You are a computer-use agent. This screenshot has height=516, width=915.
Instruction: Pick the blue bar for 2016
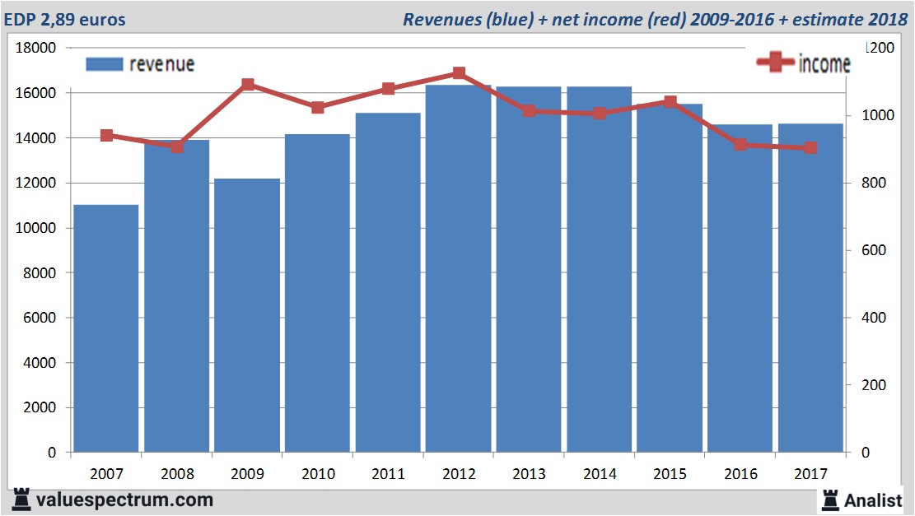(740, 288)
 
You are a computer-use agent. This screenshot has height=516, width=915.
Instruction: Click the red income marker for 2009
(247, 84)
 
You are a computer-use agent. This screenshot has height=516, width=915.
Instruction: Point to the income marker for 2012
(459, 73)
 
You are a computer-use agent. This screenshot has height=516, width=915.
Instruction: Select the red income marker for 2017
(810, 148)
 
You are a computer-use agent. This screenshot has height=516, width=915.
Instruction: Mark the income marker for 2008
(177, 146)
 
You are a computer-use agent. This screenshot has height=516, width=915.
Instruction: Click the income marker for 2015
(670, 102)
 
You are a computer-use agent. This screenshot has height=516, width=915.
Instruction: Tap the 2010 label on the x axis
(318, 474)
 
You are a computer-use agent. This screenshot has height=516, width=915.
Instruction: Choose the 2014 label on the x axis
(600, 474)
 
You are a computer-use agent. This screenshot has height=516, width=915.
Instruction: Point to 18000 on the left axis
(36, 49)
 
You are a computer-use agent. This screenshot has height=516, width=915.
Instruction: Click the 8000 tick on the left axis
(40, 273)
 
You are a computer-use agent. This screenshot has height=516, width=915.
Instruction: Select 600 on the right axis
(874, 251)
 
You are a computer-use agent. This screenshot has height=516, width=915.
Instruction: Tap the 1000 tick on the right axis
(877, 116)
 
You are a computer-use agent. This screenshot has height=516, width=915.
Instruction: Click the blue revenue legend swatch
(105, 64)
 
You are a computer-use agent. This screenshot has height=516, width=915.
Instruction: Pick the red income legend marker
(775, 63)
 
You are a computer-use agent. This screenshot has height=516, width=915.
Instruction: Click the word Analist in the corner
(873, 500)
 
